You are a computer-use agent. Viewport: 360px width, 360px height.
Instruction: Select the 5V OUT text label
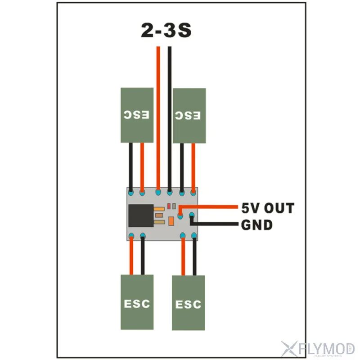pyautogui.click(x=267, y=208)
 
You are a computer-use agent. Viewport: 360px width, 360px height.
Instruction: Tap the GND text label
pyautogui.click(x=257, y=225)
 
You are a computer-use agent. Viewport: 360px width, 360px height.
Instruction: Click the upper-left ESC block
pyautogui.click(x=137, y=115)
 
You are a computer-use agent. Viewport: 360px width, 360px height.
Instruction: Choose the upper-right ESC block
pyautogui.click(x=189, y=116)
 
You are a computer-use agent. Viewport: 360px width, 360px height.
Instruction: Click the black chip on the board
pyautogui.click(x=140, y=216)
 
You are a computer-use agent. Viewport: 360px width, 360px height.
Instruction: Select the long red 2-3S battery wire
pyautogui.click(x=158, y=117)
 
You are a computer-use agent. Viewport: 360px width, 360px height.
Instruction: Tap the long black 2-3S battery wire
pyautogui.click(x=170, y=117)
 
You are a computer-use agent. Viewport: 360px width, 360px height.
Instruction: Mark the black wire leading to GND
pyautogui.click(x=216, y=224)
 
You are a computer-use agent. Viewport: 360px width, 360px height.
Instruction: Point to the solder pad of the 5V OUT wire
pyautogui.click(x=180, y=216)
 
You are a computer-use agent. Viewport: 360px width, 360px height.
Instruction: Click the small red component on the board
pyautogui.click(x=168, y=206)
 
